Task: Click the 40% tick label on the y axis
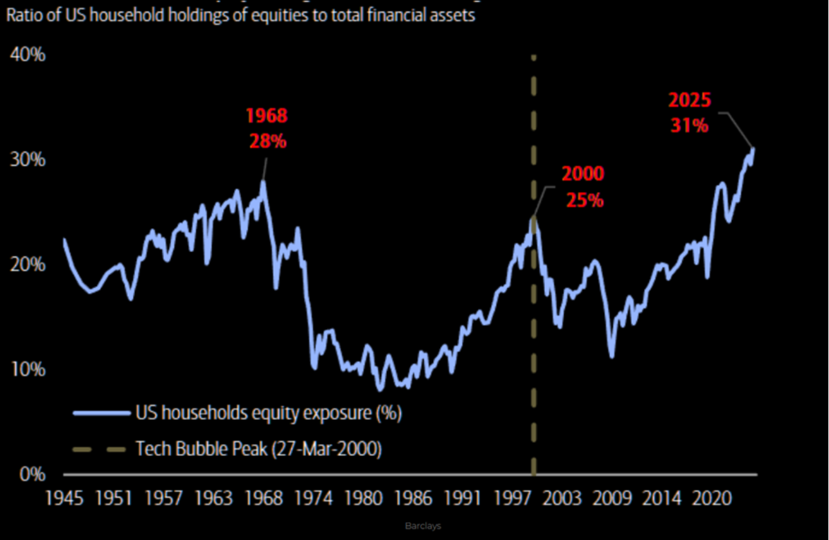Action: click(x=28, y=55)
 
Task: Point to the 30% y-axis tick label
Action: click(x=28, y=159)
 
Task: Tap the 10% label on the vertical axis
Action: click(x=28, y=370)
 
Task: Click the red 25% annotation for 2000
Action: click(x=584, y=200)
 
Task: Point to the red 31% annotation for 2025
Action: click(x=690, y=125)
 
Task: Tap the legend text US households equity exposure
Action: click(x=268, y=413)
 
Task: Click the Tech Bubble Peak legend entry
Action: click(x=258, y=449)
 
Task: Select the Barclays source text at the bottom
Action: click(x=423, y=526)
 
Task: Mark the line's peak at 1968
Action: click(x=263, y=182)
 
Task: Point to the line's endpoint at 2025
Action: click(x=753, y=149)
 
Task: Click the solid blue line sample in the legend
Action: click(x=101, y=413)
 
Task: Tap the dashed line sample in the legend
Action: click(x=101, y=449)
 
